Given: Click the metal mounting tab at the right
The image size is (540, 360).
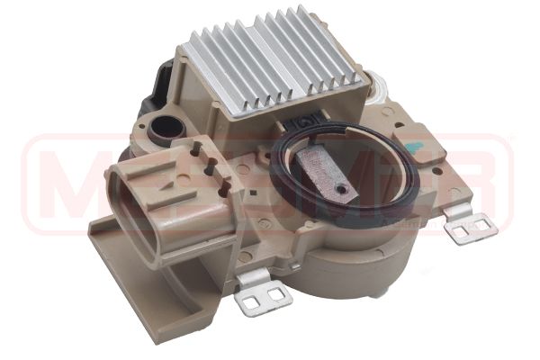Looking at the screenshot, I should tap(472, 227).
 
